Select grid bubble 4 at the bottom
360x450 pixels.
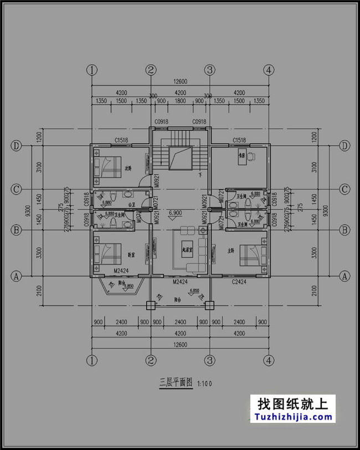[x=269, y=361]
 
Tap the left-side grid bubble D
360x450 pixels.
[x=17, y=146]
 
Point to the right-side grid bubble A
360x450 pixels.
[x=345, y=275]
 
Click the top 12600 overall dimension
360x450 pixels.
[x=180, y=81]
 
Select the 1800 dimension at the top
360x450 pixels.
[x=180, y=101]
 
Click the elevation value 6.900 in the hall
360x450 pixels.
[x=175, y=213]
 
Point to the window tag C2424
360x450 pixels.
[x=239, y=282]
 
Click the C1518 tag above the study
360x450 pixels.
[x=239, y=140]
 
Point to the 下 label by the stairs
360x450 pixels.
[x=199, y=175]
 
